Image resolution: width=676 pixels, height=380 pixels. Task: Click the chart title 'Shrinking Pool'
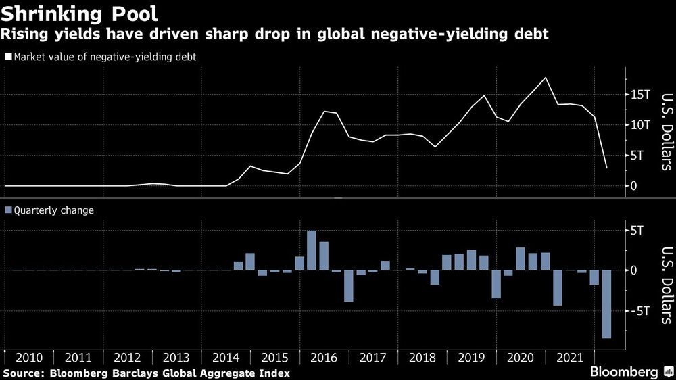(80, 13)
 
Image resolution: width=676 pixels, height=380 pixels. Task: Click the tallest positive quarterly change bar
(312, 250)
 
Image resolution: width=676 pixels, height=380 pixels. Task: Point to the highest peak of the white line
(546, 78)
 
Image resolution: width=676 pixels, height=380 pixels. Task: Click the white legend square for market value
(8, 57)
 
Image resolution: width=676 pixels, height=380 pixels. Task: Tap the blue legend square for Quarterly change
(8, 210)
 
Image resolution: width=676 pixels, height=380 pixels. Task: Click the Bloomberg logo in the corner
(629, 373)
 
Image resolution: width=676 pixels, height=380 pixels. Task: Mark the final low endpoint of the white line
(606, 168)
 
